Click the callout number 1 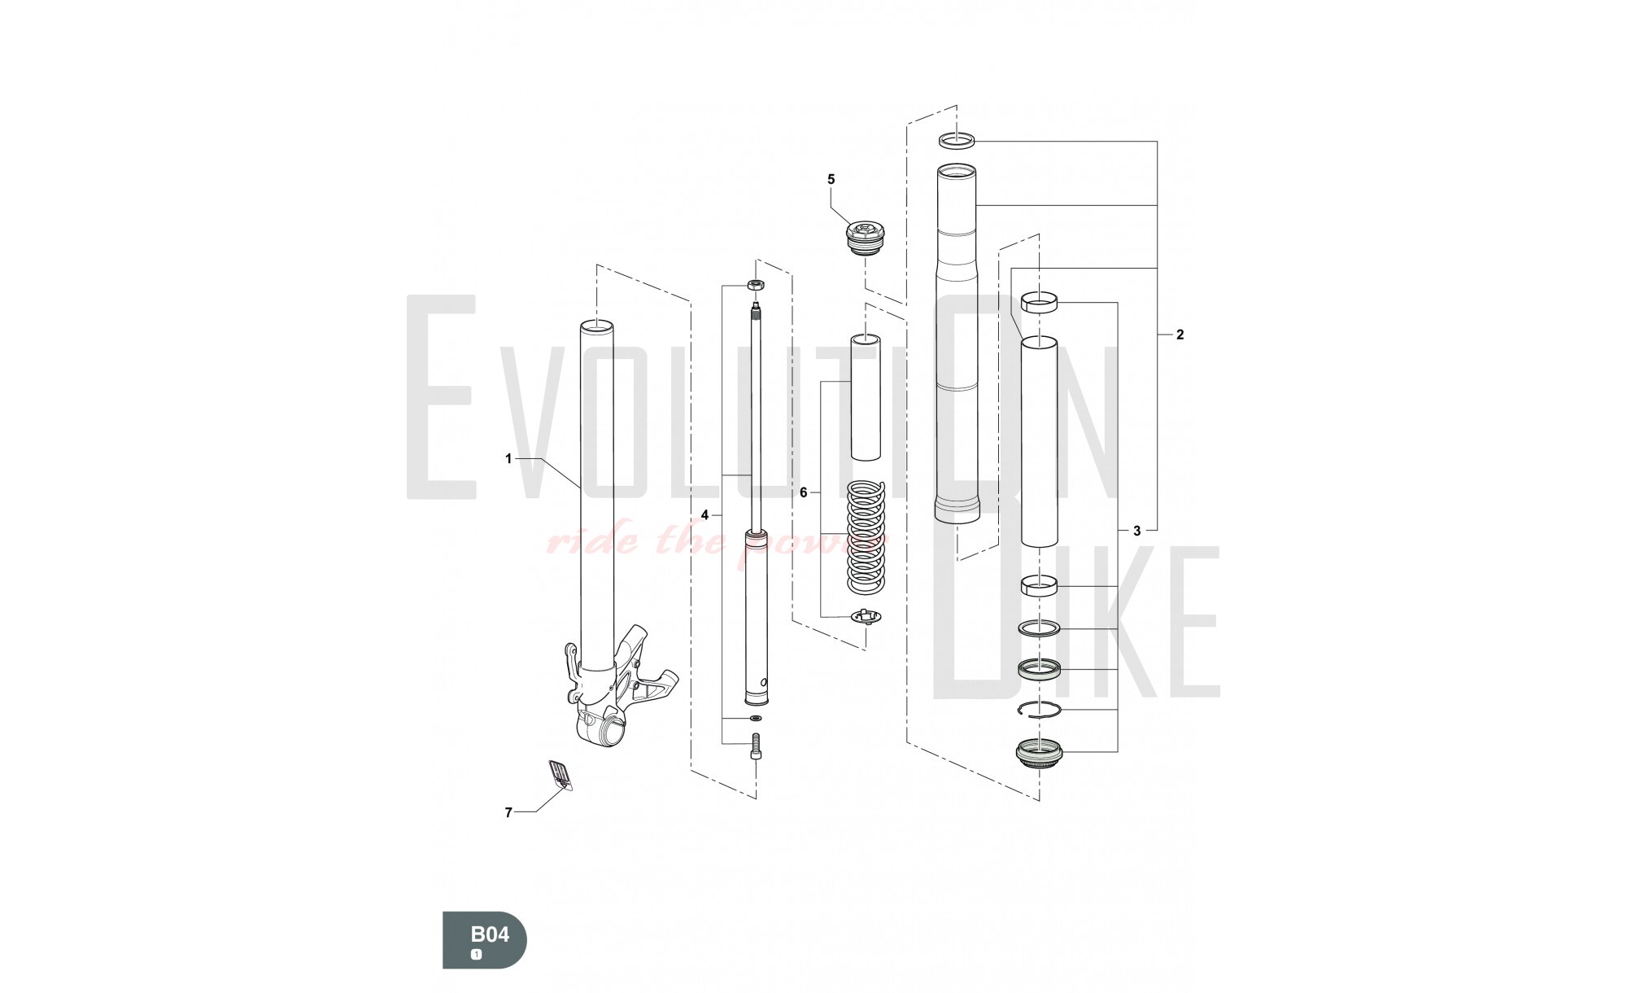point(508,459)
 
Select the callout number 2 point(1180,335)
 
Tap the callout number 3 point(1136,531)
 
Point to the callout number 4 point(705,514)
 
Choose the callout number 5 point(831,179)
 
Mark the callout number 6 point(803,492)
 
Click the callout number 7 point(508,812)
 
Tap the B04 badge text point(491,934)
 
